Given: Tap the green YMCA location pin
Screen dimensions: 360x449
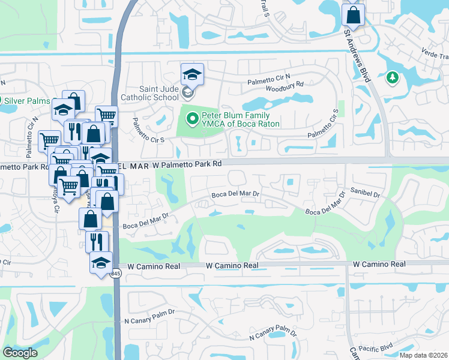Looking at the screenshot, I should (x=192, y=119).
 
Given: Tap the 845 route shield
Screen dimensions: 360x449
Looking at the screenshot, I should (x=115, y=274).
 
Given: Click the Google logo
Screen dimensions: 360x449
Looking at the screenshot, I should (x=20, y=352).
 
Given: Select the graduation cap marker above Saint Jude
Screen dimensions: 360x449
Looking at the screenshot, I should (x=192, y=74).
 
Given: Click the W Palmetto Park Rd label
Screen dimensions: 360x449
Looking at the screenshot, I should (x=178, y=163).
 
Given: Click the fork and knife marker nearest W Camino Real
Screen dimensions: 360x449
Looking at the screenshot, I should (x=96, y=241).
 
